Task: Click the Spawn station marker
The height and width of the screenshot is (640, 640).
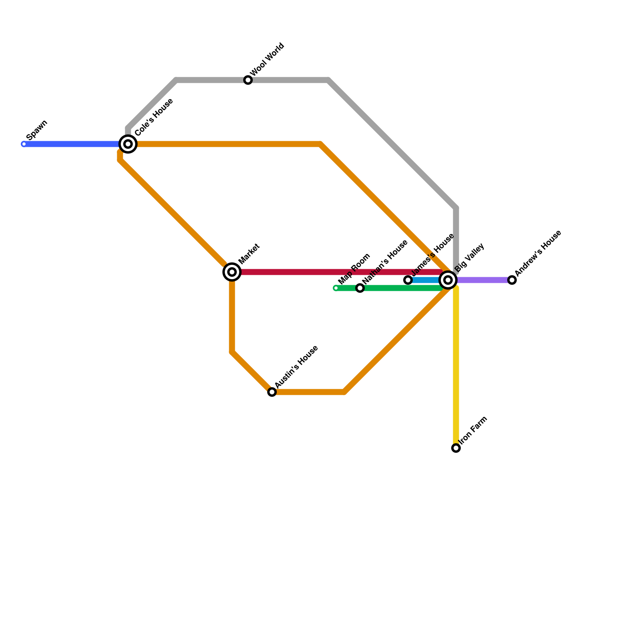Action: pyautogui.click(x=24, y=144)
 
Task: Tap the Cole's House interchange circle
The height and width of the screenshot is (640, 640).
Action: pyautogui.click(x=128, y=144)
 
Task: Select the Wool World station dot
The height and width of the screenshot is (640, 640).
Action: pyautogui.click(x=248, y=80)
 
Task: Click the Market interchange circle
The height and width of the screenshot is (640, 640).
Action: pyautogui.click(x=232, y=272)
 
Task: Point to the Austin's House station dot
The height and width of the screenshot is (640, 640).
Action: pyautogui.click(x=272, y=392)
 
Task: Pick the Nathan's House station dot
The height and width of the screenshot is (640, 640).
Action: pyautogui.click(x=360, y=288)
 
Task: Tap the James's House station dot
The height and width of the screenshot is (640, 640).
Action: pyautogui.click(x=408, y=280)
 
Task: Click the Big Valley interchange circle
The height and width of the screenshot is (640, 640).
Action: pyautogui.click(x=448, y=280)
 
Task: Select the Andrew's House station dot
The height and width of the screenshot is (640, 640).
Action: pyautogui.click(x=512, y=280)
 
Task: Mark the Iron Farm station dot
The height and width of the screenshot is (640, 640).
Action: pyautogui.click(x=456, y=448)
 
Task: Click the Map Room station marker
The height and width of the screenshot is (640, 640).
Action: pyautogui.click(x=336, y=288)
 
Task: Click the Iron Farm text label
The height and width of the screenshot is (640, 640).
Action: pyautogui.click(x=474, y=430)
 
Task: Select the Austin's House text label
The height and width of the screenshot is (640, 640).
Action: pyautogui.click(x=296, y=366)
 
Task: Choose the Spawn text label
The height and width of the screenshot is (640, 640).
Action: pyautogui.click(x=37, y=130)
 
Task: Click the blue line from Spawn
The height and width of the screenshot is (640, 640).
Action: pyautogui.click(x=72, y=144)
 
